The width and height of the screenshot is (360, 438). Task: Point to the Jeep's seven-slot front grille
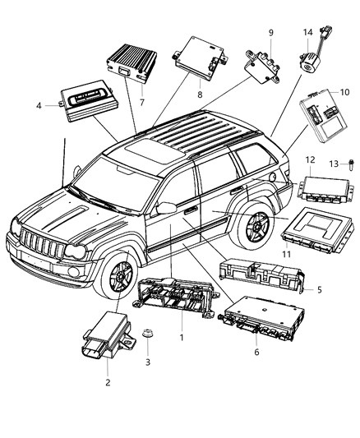click(42, 247)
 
